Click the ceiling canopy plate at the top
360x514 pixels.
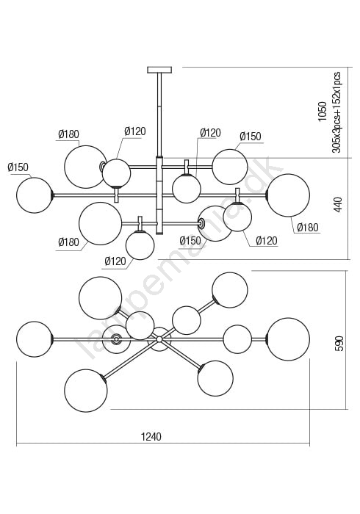coord(159,70)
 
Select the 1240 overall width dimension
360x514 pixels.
coord(151,437)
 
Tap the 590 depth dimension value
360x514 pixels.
coord(339,343)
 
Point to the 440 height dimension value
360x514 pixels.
coord(338,205)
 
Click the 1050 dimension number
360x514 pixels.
coord(323,112)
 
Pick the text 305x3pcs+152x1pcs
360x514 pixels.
coord(336,112)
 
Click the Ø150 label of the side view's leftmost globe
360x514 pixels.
coord(18,167)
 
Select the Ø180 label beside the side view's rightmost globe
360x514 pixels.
coord(308,227)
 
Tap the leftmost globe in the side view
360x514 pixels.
coord(34,195)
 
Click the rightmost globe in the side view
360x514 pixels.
coord(288,195)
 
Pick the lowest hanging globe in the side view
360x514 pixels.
coord(140,245)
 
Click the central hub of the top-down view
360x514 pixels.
coord(159,339)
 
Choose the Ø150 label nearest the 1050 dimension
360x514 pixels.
coord(251,137)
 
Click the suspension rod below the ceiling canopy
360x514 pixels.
coord(159,114)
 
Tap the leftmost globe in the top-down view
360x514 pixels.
coord(34,339)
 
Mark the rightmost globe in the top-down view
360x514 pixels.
coord(288,339)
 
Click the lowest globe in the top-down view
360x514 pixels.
coord(86,390)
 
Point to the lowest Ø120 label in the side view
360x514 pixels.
coord(115,261)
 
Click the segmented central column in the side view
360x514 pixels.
coord(159,195)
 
